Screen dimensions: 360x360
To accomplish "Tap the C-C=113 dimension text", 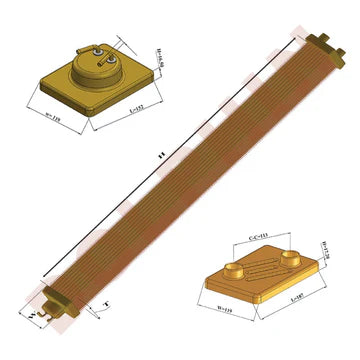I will click(256, 239).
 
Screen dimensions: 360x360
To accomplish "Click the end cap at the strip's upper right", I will click(322, 45).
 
